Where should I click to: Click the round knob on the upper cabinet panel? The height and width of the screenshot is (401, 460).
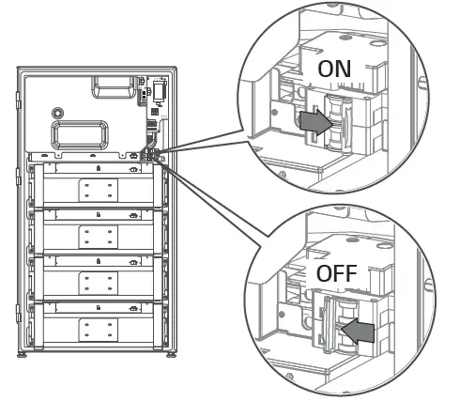(x=59, y=110)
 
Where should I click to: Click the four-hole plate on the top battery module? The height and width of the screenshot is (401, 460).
(x=95, y=189)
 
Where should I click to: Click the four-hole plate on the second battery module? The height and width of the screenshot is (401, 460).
(x=95, y=236)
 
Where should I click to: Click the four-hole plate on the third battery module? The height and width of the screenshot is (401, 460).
(x=95, y=282)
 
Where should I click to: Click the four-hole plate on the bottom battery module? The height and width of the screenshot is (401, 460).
(x=95, y=329)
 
